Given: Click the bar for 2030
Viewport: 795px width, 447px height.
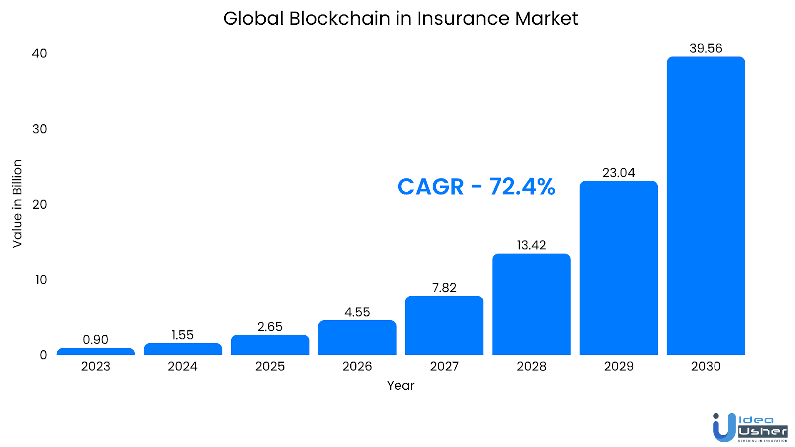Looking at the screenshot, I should (x=706, y=206).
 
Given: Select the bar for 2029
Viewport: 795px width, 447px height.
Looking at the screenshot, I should (x=619, y=268).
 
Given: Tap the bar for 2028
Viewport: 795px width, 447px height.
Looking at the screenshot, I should (x=531, y=304).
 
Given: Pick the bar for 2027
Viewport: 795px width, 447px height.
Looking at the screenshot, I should (x=444, y=325).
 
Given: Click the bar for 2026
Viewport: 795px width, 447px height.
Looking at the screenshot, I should (x=357, y=338).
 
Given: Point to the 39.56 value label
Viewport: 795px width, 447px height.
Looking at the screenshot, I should (x=706, y=48).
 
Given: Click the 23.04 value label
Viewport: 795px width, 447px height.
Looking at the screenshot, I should (x=619, y=173).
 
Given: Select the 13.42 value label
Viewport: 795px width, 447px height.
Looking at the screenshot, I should (x=531, y=245).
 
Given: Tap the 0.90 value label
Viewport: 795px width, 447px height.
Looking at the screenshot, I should (x=95, y=340).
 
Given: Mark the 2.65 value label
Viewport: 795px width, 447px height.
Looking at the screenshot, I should (x=270, y=327).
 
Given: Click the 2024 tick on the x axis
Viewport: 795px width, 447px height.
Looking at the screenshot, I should (x=182, y=366).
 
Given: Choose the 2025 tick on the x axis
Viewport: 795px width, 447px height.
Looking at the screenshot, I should (x=270, y=366).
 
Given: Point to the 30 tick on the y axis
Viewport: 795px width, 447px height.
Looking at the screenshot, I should (x=40, y=129).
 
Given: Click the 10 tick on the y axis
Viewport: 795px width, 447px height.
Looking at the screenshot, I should (x=41, y=280).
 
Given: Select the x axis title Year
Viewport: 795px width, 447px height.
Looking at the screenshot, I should (x=400, y=386).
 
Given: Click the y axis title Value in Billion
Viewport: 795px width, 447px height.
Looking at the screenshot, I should (x=17, y=204).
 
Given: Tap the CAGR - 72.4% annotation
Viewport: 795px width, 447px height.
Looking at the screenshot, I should (x=476, y=187).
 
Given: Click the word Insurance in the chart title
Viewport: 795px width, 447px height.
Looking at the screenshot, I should (x=463, y=19).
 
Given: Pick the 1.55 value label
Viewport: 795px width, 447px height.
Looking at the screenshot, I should (x=182, y=335).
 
